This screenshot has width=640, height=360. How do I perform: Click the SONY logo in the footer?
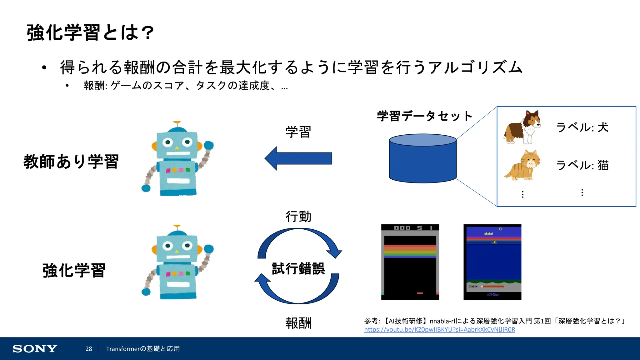tap(35, 349)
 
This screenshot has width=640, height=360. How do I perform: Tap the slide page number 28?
tap(89, 349)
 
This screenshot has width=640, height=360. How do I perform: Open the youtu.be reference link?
tap(439, 329)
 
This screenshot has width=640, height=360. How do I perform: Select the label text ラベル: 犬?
tap(582, 127)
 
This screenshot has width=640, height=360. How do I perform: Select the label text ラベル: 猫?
tap(582, 165)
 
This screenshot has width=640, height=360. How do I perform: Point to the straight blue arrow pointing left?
tap(298, 158)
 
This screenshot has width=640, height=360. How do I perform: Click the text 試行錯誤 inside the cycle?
tap(298, 268)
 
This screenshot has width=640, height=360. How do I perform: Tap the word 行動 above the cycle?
tap(298, 217)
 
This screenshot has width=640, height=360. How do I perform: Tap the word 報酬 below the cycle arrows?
tap(298, 323)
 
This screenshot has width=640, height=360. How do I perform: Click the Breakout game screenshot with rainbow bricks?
tap(410, 262)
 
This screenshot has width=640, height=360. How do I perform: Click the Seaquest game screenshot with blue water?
tap(492, 262)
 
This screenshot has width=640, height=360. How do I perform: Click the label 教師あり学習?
tap(71, 162)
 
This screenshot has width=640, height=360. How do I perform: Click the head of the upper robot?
tap(177, 144)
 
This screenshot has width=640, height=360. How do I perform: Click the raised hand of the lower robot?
tap(208, 249)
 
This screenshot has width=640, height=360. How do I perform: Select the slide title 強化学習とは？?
tap(90, 32)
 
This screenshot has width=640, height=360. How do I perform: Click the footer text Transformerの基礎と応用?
tap(143, 349)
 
